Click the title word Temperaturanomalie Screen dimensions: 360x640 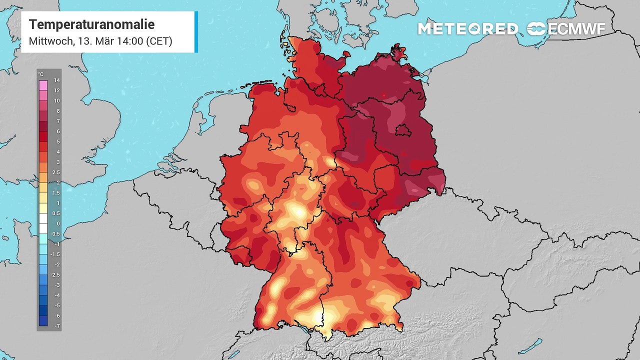tap(91, 24)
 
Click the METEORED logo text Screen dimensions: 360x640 tap(467, 29)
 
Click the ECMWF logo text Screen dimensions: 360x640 tap(576, 29)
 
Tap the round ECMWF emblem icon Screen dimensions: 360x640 tap(536, 29)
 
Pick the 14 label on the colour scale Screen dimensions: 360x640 tap(56, 80)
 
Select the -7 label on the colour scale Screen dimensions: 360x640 tap(56, 326)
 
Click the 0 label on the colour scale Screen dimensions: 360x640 tap(57, 223)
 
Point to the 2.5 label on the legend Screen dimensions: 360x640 tap(56, 172)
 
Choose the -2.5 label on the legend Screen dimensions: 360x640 tap(56, 275)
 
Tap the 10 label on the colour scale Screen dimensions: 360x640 tap(56, 101)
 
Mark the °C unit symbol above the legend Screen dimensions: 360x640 tap(40, 74)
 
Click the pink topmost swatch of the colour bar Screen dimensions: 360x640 tap(43, 85)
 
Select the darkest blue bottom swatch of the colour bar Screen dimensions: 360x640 tap(43, 321)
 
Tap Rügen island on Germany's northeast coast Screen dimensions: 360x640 tap(399, 52)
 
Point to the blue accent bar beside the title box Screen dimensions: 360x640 tap(196, 32)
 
